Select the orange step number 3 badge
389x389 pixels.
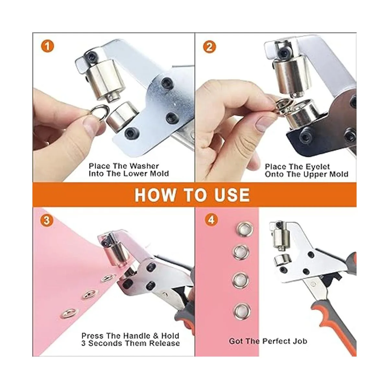click(47, 220)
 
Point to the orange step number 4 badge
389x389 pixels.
click(211, 220)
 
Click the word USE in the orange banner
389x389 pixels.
click(232, 195)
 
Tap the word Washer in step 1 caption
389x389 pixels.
click(144, 166)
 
